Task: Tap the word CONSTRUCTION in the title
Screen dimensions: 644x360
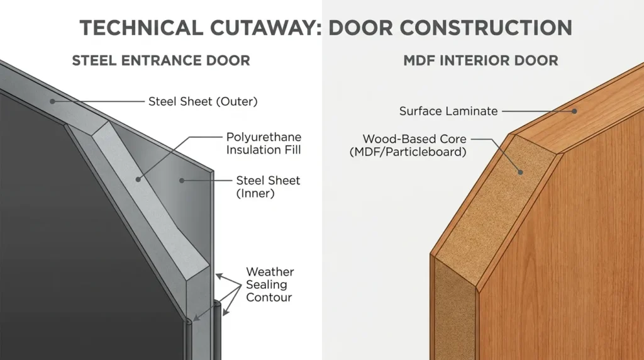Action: [x=486, y=28]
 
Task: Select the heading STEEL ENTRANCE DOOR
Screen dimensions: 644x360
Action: [x=161, y=61]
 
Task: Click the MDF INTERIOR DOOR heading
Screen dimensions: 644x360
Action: [x=480, y=61]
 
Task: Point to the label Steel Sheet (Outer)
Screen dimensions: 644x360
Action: [x=203, y=101]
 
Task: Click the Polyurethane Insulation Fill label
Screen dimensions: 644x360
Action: [x=264, y=143]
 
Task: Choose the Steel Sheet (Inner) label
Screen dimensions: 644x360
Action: [x=268, y=186]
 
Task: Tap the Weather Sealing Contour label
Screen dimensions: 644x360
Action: [x=270, y=284]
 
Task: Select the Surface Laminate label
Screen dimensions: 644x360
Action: [x=448, y=111]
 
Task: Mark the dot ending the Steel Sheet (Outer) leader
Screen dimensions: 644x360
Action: [x=53, y=101]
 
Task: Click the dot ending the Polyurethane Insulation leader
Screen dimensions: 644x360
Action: [x=138, y=179]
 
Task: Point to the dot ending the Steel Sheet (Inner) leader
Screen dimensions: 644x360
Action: [x=182, y=181]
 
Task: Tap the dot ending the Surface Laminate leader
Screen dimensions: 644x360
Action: [x=575, y=111]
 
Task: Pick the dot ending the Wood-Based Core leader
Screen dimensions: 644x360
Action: [x=520, y=172]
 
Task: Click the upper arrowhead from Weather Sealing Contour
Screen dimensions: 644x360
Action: [x=219, y=276]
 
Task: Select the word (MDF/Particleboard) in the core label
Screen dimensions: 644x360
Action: [x=408, y=152]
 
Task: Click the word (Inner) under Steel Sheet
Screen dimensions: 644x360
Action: [x=255, y=193]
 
